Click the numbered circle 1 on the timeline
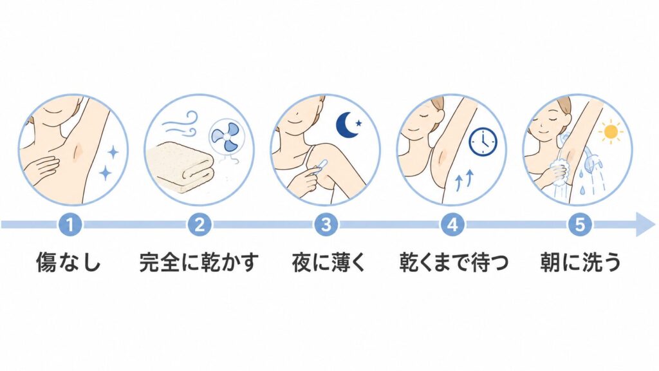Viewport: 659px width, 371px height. (70, 224)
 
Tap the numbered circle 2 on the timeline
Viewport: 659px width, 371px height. (200, 224)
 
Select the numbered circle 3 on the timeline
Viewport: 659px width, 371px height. (326, 224)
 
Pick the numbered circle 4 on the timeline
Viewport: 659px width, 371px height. (452, 224)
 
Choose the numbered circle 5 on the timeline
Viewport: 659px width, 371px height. (580, 224)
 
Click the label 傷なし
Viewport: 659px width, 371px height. (68, 262)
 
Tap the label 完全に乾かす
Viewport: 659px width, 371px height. (199, 262)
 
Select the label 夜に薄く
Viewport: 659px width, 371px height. (328, 262)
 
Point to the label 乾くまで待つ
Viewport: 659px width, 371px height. (454, 262)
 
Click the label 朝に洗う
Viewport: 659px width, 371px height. (580, 262)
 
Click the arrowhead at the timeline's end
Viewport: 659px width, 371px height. (645, 224)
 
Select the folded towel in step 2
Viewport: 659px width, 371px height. (181, 167)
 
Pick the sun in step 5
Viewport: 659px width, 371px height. (610, 132)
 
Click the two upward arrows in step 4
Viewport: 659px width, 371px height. (465, 178)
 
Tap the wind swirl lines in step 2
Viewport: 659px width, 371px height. (180, 123)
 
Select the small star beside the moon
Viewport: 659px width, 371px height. (358, 123)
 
